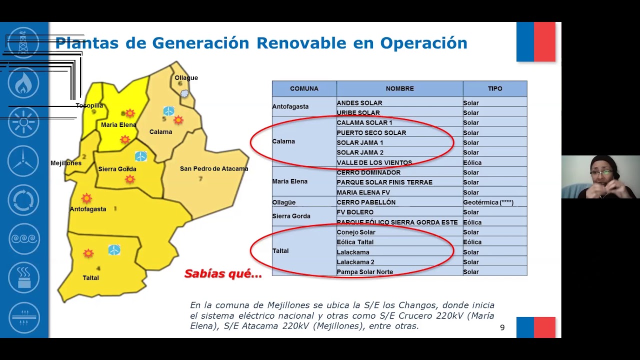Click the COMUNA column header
tap(304, 88)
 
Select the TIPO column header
tap(494, 88)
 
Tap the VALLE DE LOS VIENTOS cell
tap(374, 162)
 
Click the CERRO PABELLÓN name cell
tap(366, 202)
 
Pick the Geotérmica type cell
tap(488, 202)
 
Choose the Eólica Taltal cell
tap(355, 242)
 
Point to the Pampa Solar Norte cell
tap(364, 272)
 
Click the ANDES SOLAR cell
tap(359, 103)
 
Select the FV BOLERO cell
tap(355, 212)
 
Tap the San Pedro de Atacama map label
tap(214, 169)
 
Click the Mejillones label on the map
tap(66, 163)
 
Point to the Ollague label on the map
tap(186, 78)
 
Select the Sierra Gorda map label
tap(117, 169)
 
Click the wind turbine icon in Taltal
tap(114, 250)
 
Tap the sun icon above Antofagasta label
tap(86, 198)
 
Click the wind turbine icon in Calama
tap(168, 111)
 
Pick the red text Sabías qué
tap(223, 274)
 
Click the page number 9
tap(502, 327)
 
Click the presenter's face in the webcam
tap(602, 172)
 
